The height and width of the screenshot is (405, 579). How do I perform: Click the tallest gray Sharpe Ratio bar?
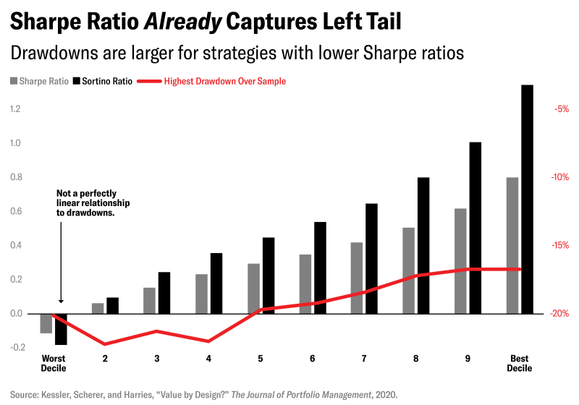pos(512,245)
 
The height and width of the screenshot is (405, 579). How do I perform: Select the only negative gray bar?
pos(46,323)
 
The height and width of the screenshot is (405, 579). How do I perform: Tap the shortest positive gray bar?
pos(98,308)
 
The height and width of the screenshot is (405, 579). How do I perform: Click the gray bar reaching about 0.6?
pos(460,260)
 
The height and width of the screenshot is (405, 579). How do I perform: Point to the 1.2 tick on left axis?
pos(15,109)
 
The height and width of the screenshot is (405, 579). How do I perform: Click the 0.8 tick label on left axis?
pos(15,177)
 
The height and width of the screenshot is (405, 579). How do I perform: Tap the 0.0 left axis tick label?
pos(15,313)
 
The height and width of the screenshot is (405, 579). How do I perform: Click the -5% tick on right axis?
pos(561,109)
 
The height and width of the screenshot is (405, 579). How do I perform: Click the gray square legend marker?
pos(13,82)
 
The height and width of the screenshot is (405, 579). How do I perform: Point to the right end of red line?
pos(520,269)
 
